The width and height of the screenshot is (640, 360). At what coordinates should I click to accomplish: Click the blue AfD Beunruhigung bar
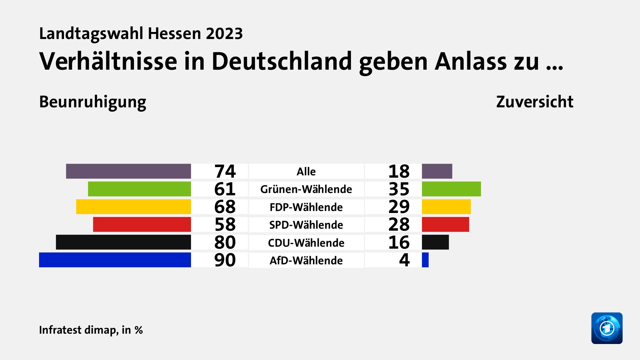(115, 260)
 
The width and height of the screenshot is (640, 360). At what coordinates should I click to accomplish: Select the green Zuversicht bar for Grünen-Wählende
(451, 189)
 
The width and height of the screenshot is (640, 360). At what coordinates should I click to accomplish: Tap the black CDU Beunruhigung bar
(123, 242)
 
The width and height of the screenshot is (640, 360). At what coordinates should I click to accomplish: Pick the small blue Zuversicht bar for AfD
(425, 260)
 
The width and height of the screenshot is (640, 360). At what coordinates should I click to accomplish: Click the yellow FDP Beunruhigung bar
(133, 207)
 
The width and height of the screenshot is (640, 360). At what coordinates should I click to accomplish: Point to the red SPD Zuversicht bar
(445, 224)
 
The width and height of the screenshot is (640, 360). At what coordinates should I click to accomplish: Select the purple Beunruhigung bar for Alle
(128, 171)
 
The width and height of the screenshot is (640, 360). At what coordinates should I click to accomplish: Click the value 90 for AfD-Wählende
(225, 260)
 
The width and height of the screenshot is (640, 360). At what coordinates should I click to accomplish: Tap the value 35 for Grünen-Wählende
(399, 189)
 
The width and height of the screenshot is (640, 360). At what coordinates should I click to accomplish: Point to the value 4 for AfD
(404, 260)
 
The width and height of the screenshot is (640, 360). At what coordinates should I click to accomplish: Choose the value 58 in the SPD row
(225, 224)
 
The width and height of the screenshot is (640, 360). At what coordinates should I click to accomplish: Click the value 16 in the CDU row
(399, 242)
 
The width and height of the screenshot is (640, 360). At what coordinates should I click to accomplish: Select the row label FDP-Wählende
(306, 207)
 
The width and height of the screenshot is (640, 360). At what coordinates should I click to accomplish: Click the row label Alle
(306, 171)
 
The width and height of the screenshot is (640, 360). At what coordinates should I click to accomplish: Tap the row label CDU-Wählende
(306, 243)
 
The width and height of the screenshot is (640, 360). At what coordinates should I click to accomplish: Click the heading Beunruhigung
(93, 102)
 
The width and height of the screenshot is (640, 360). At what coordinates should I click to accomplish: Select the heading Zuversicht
(534, 102)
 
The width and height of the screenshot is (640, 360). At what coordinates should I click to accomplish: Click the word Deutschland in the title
(282, 62)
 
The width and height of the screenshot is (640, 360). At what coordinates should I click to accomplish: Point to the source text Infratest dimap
(78, 330)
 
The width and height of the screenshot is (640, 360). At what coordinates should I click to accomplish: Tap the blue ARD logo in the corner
(607, 328)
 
